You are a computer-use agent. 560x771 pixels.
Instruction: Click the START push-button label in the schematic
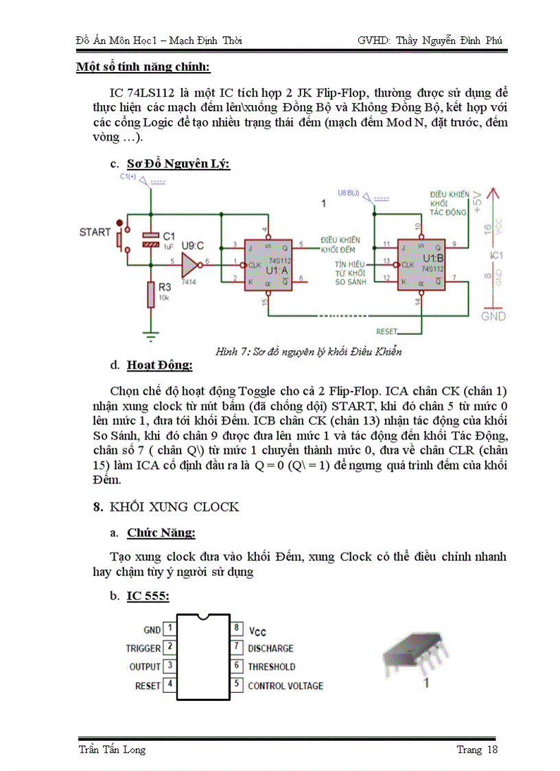pyautogui.click(x=95, y=232)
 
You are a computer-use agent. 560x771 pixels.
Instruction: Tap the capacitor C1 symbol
pyautogui.click(x=150, y=240)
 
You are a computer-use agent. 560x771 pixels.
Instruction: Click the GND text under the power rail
pyautogui.click(x=493, y=317)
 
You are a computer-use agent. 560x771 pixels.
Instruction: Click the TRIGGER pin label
pyautogui.click(x=143, y=648)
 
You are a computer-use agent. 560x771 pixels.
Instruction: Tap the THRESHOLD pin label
pyautogui.click(x=272, y=667)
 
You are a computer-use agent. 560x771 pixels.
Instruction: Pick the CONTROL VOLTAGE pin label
pyautogui.click(x=285, y=685)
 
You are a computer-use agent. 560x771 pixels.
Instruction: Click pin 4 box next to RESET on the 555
pyautogui.click(x=170, y=685)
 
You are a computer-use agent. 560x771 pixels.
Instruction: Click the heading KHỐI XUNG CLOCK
pyautogui.click(x=174, y=507)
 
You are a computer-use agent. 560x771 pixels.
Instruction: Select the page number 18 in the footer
pyautogui.click(x=491, y=749)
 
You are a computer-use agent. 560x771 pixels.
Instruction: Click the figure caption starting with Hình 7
pyautogui.click(x=307, y=352)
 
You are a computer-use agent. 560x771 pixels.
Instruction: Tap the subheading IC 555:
pyautogui.click(x=148, y=597)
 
